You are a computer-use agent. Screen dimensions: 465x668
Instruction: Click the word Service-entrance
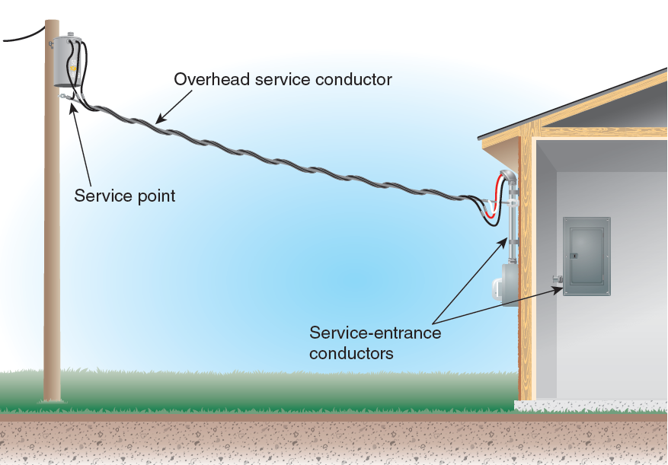pyautogui.click(x=375, y=333)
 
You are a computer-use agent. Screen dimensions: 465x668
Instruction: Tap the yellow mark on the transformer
pyautogui.click(x=74, y=68)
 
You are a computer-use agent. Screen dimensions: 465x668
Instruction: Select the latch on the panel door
pyautogui.click(x=574, y=255)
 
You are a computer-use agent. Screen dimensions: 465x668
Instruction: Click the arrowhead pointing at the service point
pyautogui.click(x=72, y=107)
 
